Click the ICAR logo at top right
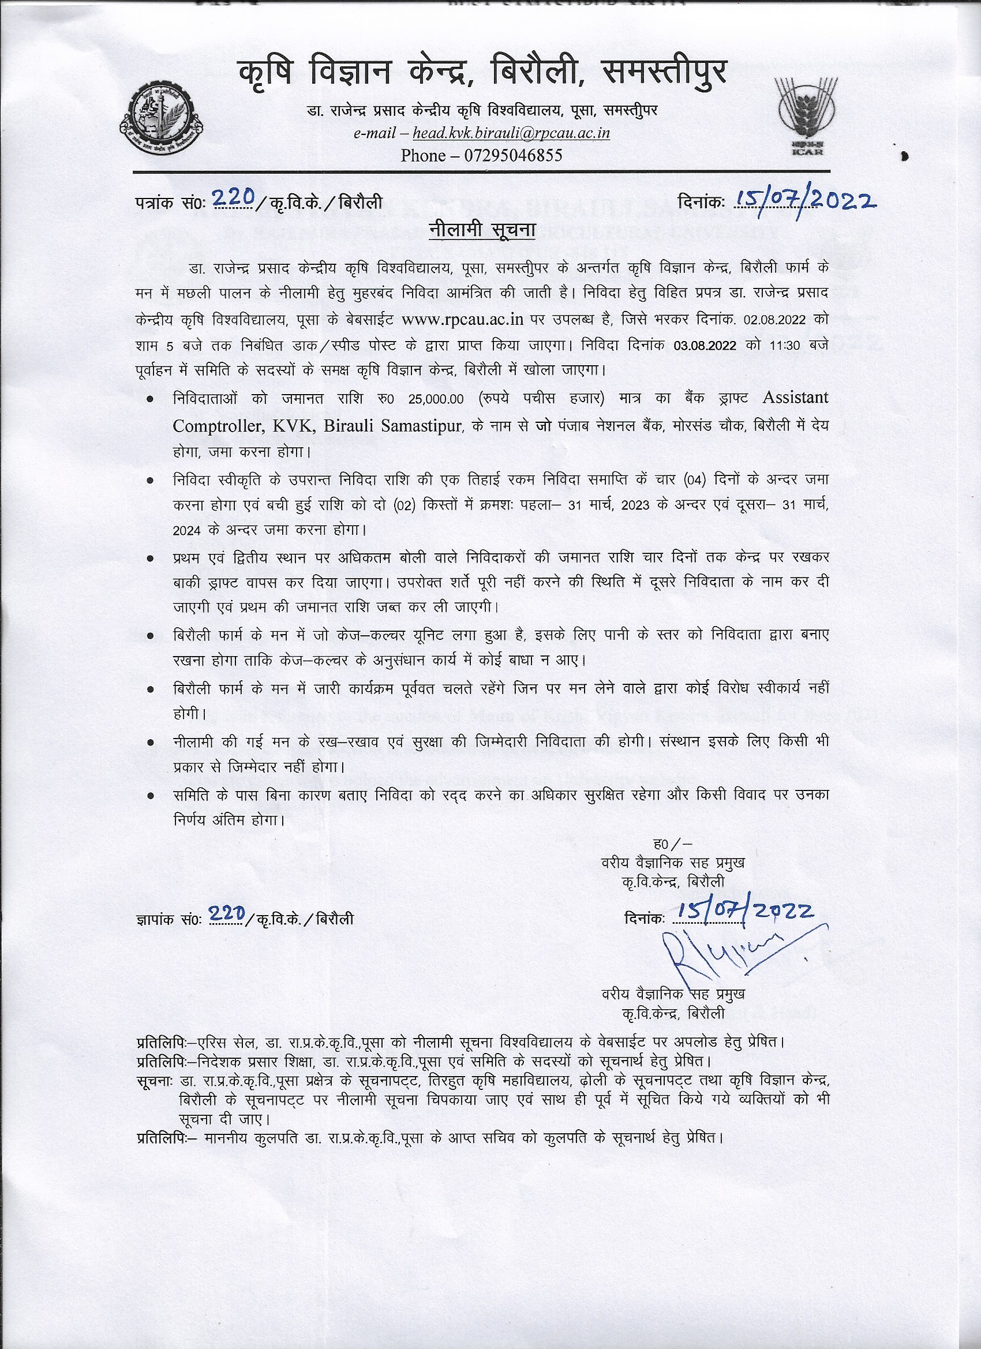tap(807, 117)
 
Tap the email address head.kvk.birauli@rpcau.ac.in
tap(511, 132)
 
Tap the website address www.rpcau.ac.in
tap(462, 319)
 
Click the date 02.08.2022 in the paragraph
tap(774, 320)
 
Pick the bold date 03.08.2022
tap(705, 346)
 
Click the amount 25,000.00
tap(436, 399)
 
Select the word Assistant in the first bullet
tap(795, 397)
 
